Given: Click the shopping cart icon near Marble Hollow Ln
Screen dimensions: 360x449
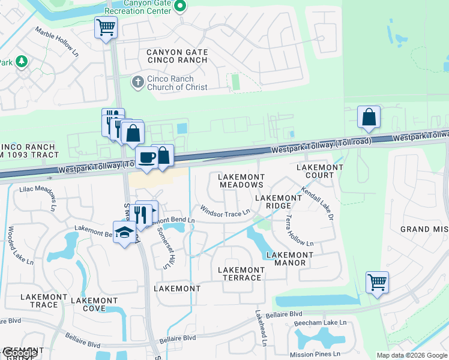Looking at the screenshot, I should pyautogui.click(x=106, y=27).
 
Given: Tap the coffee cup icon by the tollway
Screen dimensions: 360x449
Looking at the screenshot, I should pyautogui.click(x=147, y=157).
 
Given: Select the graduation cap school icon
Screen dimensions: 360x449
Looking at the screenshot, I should pyautogui.click(x=124, y=233).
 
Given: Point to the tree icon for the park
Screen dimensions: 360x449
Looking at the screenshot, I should pyautogui.click(x=22, y=61).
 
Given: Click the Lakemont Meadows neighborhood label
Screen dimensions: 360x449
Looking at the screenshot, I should pyautogui.click(x=241, y=181).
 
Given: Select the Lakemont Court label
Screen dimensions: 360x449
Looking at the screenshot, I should pyautogui.click(x=315, y=171).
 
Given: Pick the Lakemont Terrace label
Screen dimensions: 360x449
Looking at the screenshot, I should pyautogui.click(x=240, y=274).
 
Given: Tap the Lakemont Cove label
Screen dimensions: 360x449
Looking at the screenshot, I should pyautogui.click(x=94, y=304).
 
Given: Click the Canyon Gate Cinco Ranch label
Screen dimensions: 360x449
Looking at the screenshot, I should pyautogui.click(x=177, y=56).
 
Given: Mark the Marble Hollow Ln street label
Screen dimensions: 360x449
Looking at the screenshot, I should pyautogui.click(x=58, y=41).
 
